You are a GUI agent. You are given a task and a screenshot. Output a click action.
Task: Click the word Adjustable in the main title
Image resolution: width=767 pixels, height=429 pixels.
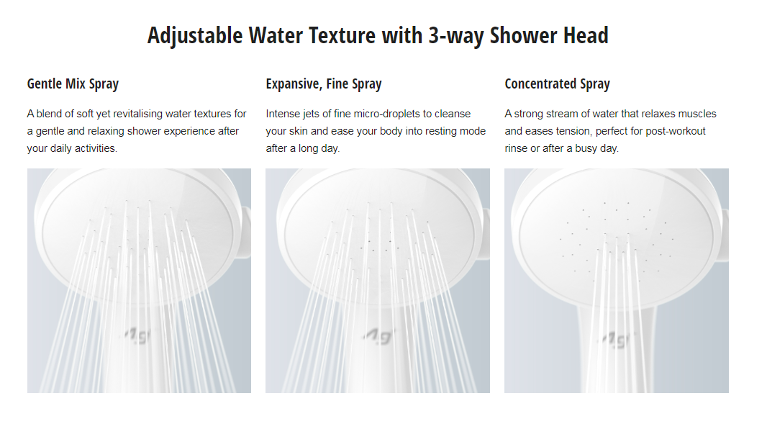[195, 36]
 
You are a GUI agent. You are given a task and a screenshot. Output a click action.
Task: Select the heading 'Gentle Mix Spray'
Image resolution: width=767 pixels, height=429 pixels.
[73, 84]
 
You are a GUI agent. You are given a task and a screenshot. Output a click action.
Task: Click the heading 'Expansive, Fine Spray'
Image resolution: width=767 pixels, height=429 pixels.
[324, 84]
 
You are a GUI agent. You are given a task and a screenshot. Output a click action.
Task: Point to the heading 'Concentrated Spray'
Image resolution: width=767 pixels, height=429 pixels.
[557, 84]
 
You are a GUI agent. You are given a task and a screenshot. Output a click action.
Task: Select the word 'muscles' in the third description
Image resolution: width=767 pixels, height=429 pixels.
[698, 114]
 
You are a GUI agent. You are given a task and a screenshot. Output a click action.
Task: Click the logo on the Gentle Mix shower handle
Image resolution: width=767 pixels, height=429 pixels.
[138, 336]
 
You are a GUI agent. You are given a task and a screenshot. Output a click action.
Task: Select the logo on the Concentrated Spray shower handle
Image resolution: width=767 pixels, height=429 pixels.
[616, 339]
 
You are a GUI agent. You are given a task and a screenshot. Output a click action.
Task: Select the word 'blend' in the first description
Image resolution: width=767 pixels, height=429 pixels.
[50, 114]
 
